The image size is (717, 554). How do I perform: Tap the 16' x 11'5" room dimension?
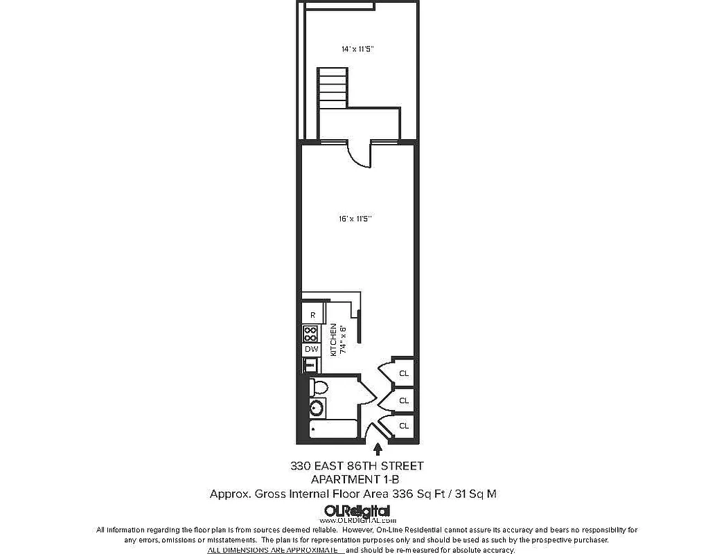pyautogui.click(x=357, y=218)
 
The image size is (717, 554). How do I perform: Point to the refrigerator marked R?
pyautogui.click(x=312, y=315)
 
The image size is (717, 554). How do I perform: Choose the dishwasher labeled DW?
pyautogui.click(x=312, y=350)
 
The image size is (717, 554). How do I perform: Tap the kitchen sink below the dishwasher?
pyautogui.click(x=311, y=365)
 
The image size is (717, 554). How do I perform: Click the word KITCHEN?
pyautogui.click(x=333, y=339)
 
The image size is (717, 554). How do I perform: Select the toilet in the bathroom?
pyautogui.click(x=319, y=386)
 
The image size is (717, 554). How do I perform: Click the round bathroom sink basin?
pyautogui.click(x=317, y=408)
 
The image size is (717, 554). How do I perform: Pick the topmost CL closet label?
pyautogui.click(x=403, y=374)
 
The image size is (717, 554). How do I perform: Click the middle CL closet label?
pyautogui.click(x=403, y=400)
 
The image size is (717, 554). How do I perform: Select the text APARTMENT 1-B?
pyautogui.click(x=356, y=479)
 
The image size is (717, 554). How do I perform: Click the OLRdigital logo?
pyautogui.click(x=356, y=510)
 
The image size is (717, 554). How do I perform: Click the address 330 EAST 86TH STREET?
pyautogui.click(x=356, y=466)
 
